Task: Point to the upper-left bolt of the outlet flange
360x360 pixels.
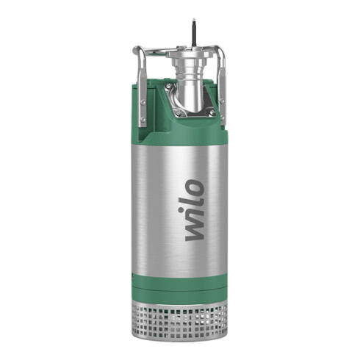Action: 168,88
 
